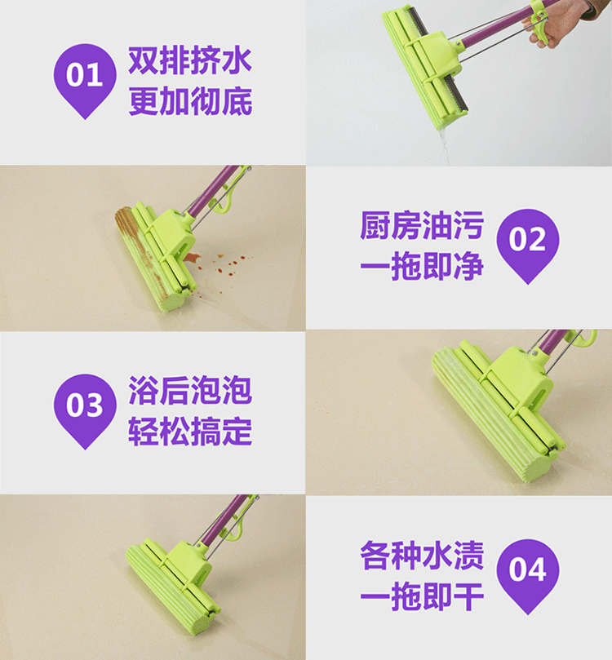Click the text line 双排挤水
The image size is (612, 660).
pyautogui.click(x=190, y=61)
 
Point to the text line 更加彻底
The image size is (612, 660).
pyautogui.click(x=190, y=101)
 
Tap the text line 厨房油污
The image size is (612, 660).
pyautogui.click(x=422, y=226)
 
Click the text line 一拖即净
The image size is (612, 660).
pyautogui.click(x=422, y=266)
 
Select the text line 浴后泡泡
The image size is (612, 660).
pyautogui.click(x=190, y=391)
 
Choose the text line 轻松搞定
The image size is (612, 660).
pyautogui.click(x=190, y=432)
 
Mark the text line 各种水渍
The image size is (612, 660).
pyautogui.click(x=422, y=556)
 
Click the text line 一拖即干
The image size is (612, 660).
pyautogui.click(x=422, y=596)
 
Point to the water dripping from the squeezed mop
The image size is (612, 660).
pyautogui.click(x=445, y=145)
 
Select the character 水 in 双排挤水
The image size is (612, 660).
pyautogui.click(x=237, y=61)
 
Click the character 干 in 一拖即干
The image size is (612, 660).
pyautogui.click(x=469, y=596)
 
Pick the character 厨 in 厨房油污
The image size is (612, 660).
pyautogui.click(x=375, y=226)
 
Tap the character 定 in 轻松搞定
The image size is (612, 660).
pyautogui.click(x=237, y=432)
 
